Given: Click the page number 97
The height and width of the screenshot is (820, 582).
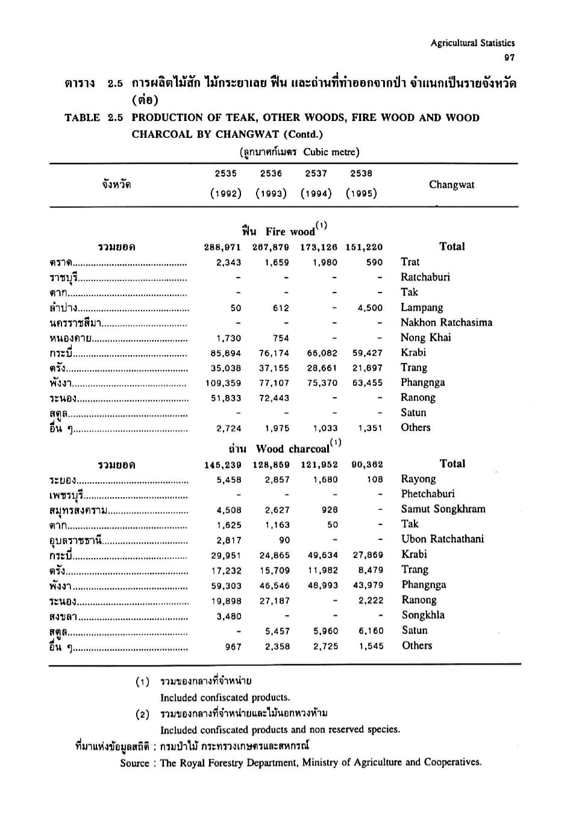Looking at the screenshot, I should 510,57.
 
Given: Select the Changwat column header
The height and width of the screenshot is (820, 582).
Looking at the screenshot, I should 451,185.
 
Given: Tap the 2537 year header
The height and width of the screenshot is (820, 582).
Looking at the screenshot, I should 316,173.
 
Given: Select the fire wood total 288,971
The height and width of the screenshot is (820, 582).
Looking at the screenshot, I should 223,247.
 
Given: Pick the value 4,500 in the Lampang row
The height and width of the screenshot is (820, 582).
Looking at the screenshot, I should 369,308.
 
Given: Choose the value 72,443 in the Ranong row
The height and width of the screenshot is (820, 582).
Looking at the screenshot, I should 274,398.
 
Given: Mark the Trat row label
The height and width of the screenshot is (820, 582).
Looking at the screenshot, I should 410,262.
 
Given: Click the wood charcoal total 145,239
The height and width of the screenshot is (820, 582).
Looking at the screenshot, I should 223,465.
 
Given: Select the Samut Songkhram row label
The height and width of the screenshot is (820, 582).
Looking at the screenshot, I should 443,509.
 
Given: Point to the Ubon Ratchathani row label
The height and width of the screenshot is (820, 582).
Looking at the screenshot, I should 442,539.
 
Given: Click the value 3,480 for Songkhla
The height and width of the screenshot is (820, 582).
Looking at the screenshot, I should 229,616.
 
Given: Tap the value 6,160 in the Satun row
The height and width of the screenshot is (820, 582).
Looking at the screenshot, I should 371,631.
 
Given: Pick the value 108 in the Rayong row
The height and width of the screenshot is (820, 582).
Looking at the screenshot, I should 375,480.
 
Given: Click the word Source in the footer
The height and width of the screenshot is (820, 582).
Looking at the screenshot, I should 134,763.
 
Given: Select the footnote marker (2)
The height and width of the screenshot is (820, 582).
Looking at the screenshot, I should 142,714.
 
